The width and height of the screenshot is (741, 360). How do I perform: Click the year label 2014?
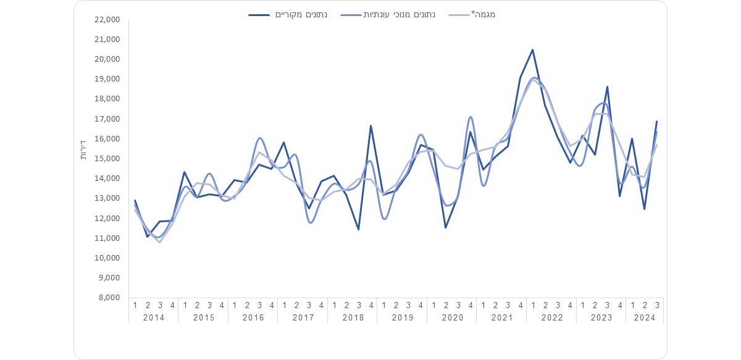click(154, 317)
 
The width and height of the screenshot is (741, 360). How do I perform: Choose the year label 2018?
click(353, 317)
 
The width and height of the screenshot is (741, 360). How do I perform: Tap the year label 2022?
click(551, 317)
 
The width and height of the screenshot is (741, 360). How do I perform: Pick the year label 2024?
click(644, 317)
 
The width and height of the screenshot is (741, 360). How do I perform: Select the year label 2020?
click(452, 317)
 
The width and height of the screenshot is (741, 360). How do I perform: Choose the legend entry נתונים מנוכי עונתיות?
click(388, 14)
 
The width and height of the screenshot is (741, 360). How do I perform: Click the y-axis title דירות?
click(84, 154)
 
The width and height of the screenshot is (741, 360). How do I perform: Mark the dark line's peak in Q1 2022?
click(532, 50)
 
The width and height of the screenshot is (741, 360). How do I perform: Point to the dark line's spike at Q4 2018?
click(371, 126)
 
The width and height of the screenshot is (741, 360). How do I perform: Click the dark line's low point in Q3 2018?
click(359, 229)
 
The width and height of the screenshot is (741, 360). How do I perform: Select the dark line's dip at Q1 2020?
click(445, 227)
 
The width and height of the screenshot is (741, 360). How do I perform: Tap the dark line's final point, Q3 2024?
click(657, 122)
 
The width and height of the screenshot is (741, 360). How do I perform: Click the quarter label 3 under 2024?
click(657, 304)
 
